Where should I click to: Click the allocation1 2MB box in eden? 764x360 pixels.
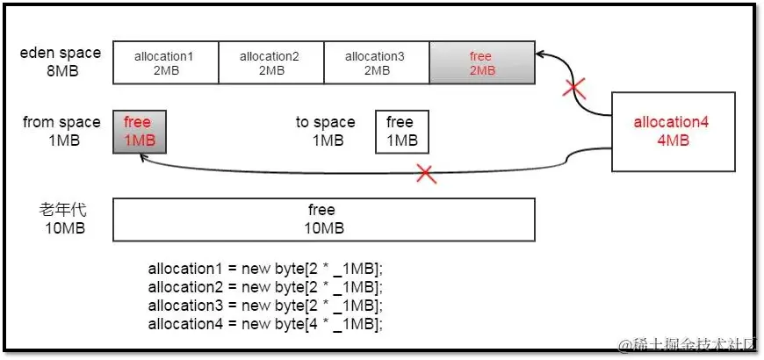[x=165, y=63]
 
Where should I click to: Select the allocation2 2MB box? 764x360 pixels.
[x=270, y=63]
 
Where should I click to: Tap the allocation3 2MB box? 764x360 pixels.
[x=376, y=63]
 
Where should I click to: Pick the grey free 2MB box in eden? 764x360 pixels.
[x=481, y=63]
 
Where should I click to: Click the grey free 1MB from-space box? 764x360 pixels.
[x=139, y=132]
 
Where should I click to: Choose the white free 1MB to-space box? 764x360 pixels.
[x=401, y=132]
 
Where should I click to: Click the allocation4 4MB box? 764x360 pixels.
[x=672, y=131]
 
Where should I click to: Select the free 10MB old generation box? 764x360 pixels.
[x=323, y=220]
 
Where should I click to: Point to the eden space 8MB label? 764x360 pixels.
[x=61, y=61]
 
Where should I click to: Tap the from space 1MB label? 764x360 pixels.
[x=61, y=131]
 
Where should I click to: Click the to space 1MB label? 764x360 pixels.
[x=326, y=131]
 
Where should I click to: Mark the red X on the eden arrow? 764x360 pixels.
[x=574, y=88]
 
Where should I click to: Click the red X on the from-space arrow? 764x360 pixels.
[x=427, y=173]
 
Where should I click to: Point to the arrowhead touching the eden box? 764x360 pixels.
[x=542, y=54]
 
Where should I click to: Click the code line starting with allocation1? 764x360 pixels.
[x=266, y=268]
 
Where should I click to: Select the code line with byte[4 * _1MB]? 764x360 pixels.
[x=266, y=323]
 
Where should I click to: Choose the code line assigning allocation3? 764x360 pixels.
[x=266, y=305]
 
